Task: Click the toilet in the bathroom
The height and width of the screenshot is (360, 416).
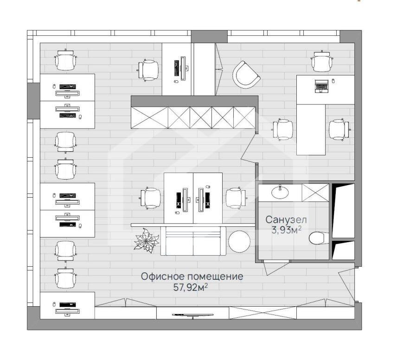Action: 318,238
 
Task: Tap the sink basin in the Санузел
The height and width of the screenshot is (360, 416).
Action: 280,192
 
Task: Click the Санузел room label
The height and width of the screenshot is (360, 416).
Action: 286,220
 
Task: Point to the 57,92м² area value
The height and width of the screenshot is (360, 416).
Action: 190,287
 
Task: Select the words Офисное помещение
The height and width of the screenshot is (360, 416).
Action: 192,276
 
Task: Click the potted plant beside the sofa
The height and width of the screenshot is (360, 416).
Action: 146,240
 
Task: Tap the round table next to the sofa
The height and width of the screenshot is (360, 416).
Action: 239,241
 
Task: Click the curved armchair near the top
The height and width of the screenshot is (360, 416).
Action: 246,75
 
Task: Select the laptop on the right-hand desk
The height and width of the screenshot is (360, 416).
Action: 321,86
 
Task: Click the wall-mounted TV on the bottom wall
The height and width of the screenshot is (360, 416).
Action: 192,315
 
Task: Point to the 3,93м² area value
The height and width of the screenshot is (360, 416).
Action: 286,230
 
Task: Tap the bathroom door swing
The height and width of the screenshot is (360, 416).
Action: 276,268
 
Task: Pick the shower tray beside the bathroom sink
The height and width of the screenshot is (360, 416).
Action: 315,193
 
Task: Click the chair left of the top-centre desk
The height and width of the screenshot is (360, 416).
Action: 148,70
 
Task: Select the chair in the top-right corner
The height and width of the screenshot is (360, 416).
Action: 322,61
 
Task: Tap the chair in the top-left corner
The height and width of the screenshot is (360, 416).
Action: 65,60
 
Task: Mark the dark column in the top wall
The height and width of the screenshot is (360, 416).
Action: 209,37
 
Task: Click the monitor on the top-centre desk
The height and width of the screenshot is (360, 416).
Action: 183,68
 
